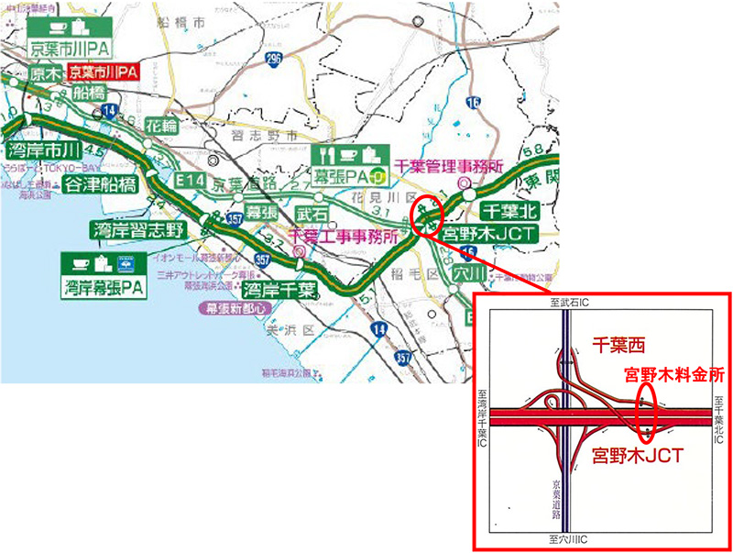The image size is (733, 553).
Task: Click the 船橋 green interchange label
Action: pos(90,92)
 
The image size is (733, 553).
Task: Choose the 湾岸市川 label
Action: pos(44,149)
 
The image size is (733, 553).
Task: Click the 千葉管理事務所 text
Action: pos(450,167)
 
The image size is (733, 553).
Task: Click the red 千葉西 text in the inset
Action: pos(618,345)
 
